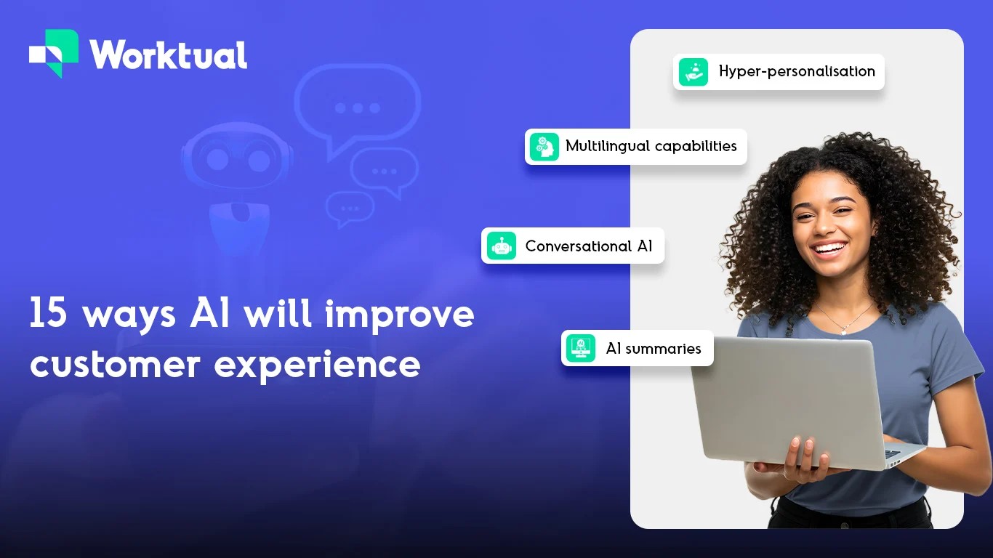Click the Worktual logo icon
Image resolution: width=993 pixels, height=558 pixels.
(54, 53)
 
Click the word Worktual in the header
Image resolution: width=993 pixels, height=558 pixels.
(168, 54)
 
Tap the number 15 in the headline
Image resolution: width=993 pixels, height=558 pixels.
(48, 315)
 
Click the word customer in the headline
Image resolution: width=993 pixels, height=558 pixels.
(115, 363)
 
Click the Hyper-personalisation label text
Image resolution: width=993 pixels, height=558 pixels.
(796, 71)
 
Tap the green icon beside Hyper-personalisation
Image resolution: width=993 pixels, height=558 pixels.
(693, 72)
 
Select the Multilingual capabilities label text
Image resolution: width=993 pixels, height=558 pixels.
(651, 146)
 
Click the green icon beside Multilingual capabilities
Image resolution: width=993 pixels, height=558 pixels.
(544, 147)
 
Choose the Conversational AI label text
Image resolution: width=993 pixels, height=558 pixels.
(589, 246)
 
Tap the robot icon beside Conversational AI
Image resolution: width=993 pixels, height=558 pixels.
(502, 246)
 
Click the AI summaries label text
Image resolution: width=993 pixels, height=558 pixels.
(653, 349)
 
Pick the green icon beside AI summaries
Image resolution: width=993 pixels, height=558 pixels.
(580, 349)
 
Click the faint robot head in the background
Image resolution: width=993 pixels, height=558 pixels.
(236, 156)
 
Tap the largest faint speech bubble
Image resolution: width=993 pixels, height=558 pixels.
(357, 105)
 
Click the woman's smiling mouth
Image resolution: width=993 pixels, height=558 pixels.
(829, 250)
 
